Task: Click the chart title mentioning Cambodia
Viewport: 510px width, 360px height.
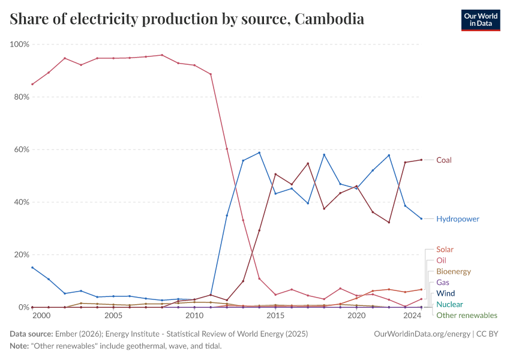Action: point(187,19)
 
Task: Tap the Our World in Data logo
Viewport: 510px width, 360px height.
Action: point(480,20)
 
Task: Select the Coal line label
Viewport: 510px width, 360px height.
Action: point(444,160)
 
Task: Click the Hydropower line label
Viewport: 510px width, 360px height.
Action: point(457,219)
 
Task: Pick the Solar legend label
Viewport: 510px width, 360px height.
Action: point(445,250)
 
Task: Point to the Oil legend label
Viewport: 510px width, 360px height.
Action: point(441,260)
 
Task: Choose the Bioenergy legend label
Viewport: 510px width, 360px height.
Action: point(453,272)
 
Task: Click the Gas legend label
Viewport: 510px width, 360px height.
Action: point(442,283)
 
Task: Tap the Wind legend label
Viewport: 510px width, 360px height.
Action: point(445,293)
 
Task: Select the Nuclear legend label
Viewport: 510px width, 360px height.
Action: point(449,304)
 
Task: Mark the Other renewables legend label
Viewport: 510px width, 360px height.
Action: point(466,316)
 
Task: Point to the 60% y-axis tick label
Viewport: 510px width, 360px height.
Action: point(21,149)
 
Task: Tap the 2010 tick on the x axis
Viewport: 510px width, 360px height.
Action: point(194,316)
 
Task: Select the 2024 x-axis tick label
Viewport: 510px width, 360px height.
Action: point(412,316)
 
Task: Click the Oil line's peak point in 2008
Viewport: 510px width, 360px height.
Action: point(162,55)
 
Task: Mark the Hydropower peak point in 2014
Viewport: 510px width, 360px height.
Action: point(259,152)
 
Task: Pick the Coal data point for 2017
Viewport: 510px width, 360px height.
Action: point(308,163)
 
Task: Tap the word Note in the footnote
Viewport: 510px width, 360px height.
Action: point(20,346)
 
